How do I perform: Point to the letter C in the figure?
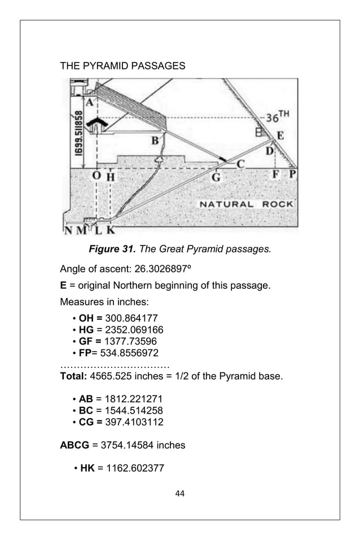coord(240,164)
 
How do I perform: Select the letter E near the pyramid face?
coord(279,135)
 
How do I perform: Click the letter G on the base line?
coord(216,177)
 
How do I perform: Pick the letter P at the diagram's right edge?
coord(292,175)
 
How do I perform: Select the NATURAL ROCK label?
coord(245,203)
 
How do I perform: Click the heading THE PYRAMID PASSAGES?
coord(122,66)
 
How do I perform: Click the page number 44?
coord(180,494)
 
